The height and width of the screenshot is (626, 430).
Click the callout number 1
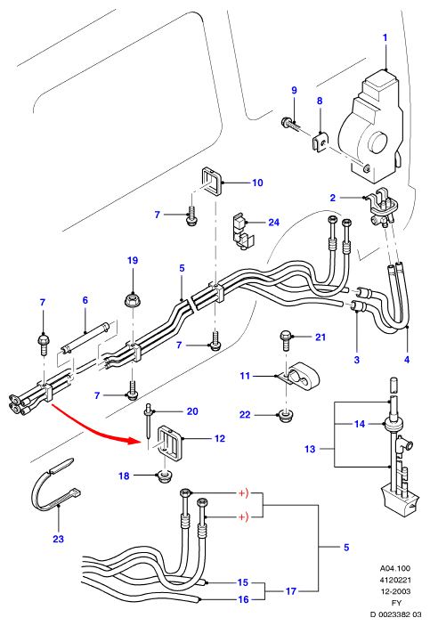point(385,38)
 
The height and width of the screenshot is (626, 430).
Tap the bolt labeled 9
point(290,124)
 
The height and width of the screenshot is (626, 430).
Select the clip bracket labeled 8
point(320,142)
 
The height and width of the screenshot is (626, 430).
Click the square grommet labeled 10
point(212,182)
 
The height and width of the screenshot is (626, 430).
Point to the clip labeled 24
point(241,232)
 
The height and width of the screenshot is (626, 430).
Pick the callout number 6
point(85,300)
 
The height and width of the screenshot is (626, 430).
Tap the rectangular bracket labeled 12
point(170,443)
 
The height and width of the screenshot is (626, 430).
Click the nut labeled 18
point(164,476)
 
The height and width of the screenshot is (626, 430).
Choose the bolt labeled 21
point(286,339)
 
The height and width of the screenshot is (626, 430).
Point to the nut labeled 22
point(285,416)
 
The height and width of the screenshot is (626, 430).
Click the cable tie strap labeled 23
point(54,485)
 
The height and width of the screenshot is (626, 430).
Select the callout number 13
point(310,449)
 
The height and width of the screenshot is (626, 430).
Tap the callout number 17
point(291,591)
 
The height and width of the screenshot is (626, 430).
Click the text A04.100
point(395,568)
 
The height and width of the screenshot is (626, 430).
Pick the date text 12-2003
point(395,591)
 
